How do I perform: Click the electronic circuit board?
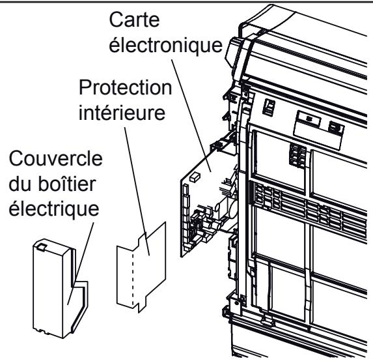pyautogui.click(x=202, y=202)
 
